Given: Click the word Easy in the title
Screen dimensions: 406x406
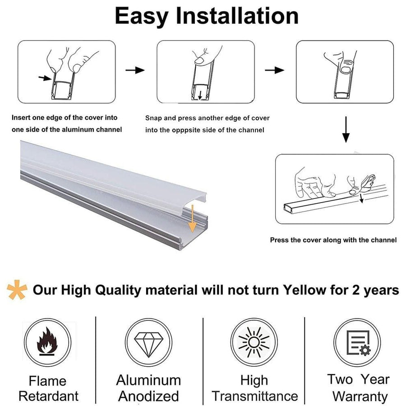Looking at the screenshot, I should (142, 17).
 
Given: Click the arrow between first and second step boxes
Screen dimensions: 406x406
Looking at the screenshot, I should (134, 70).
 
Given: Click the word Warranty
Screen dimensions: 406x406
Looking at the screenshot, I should (360, 397).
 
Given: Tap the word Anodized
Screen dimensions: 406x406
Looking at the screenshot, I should (148, 397).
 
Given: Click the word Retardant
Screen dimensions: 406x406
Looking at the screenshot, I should (48, 397).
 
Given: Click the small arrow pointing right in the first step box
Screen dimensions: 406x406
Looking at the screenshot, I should (44, 78).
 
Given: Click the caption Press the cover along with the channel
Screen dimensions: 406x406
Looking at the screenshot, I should (333, 240).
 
